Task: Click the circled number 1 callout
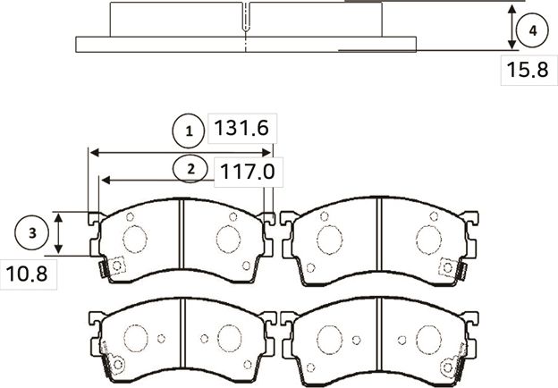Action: pyautogui.click(x=189, y=132)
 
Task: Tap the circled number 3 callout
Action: pyautogui.click(x=32, y=233)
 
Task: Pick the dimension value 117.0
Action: pyautogui.click(x=243, y=169)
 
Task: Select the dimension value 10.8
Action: pyautogui.click(x=27, y=274)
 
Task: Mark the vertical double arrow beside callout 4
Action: pyautogui.click(x=511, y=28)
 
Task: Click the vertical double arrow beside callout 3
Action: pyautogui.click(x=59, y=233)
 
